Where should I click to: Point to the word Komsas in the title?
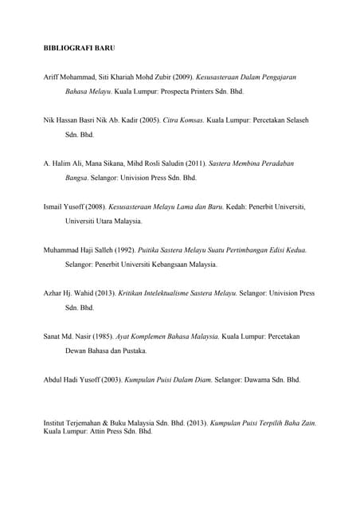(x=190, y=120)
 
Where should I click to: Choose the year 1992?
(x=123, y=250)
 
